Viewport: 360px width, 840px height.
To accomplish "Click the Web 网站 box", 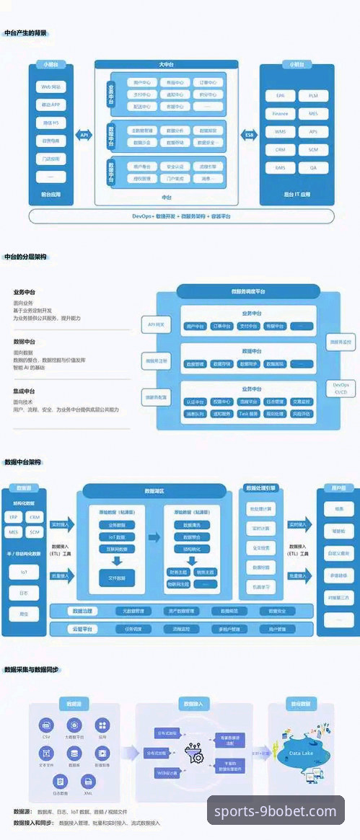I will point(51,87).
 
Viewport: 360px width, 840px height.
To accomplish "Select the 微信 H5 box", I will point(51,123).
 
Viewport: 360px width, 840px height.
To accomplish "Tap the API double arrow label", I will point(85,135).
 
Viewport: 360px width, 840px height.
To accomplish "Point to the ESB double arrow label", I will point(250,135).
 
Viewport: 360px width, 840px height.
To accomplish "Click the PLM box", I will point(313,95).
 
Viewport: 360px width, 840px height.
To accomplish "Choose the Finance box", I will point(281,113).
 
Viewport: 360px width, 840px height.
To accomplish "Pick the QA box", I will point(313,167).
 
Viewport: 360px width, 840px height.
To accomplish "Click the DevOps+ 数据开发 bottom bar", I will point(180,216).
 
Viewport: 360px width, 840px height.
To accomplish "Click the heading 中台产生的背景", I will point(25,32).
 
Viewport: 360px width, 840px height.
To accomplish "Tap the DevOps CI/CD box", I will point(341,389).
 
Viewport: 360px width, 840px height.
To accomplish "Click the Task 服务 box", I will point(249,414).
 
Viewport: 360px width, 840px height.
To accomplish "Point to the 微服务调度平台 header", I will point(248,291).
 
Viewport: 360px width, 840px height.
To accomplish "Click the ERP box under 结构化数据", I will point(14,518).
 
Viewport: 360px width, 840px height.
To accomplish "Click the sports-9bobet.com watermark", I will point(276,811).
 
